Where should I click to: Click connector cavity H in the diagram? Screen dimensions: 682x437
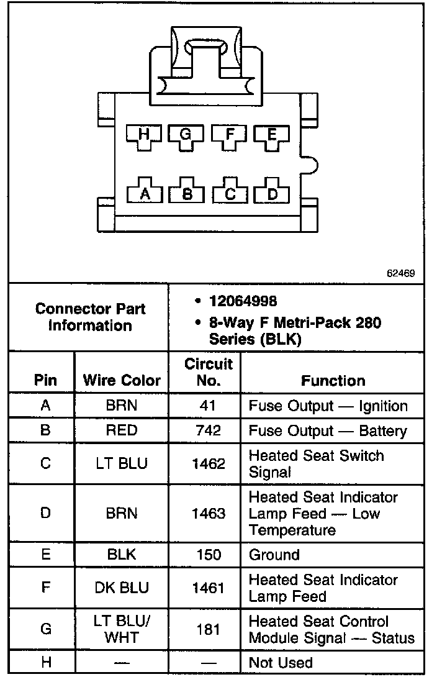[145, 135]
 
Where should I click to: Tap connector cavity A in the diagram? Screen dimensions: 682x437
[145, 193]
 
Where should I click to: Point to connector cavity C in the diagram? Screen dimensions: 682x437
[230, 193]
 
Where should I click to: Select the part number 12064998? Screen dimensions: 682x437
[243, 301]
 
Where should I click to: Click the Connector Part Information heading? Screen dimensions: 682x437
[90, 317]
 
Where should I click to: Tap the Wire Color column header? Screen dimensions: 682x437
[122, 380]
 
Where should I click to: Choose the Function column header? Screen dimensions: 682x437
[333, 380]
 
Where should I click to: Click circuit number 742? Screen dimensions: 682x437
[209, 430]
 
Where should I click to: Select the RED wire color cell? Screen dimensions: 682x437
[122, 430]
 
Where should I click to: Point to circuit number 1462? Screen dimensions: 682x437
[209, 463]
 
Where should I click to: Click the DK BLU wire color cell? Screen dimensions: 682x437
[122, 588]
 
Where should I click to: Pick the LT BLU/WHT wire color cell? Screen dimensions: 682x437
[122, 629]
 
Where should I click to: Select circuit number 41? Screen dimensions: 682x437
[209, 406]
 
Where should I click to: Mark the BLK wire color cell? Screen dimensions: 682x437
[122, 555]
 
